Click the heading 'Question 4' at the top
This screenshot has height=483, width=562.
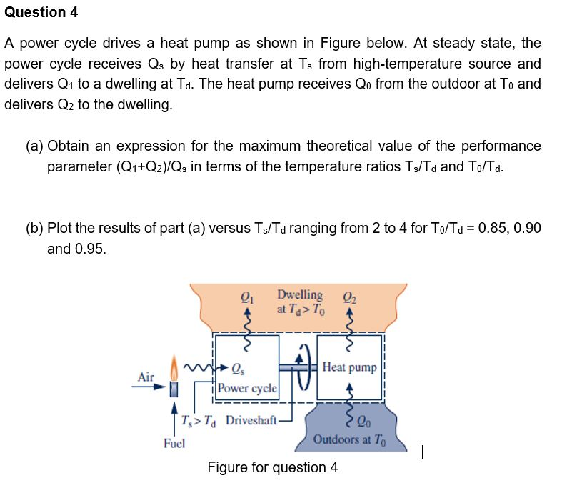pyautogui.click(x=41, y=13)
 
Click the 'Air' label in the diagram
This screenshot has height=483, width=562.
pyautogui.click(x=146, y=377)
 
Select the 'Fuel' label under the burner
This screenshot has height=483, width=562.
pyautogui.click(x=174, y=443)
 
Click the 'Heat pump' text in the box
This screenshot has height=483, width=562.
pyautogui.click(x=349, y=367)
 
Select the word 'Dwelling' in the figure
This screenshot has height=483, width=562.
pyautogui.click(x=300, y=294)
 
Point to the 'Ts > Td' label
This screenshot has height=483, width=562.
pyautogui.click(x=200, y=419)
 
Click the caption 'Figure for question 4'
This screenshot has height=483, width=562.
pyautogui.click(x=273, y=467)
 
